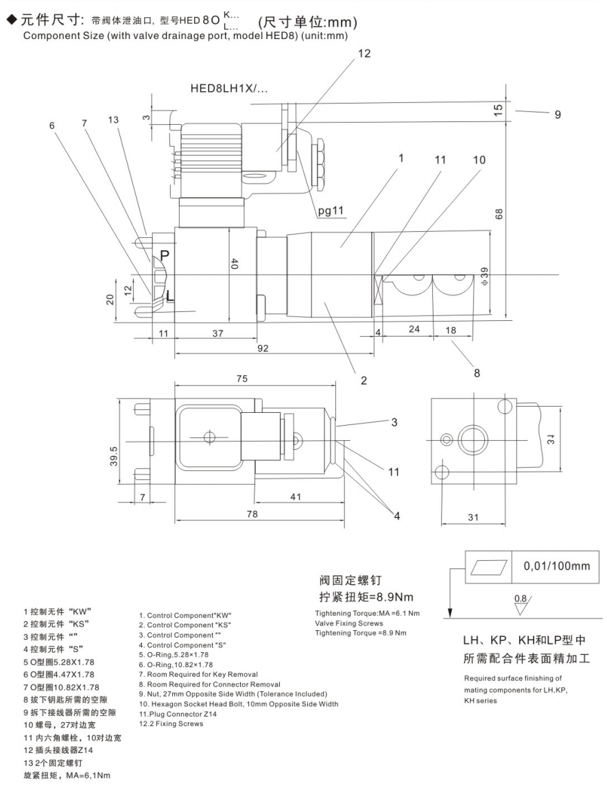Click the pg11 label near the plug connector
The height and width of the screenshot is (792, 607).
(x=333, y=211)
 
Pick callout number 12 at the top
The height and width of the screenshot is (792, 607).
(x=364, y=53)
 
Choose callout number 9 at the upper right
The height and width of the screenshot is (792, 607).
(x=558, y=115)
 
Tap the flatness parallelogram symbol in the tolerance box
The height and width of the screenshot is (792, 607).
(x=488, y=566)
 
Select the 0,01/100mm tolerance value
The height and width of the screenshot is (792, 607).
(x=557, y=566)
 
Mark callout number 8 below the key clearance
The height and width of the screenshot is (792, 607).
(x=476, y=373)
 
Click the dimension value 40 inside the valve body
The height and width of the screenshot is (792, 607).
(x=234, y=263)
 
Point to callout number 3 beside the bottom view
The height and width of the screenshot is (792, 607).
(x=394, y=422)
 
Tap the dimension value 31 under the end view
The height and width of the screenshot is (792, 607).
(x=472, y=517)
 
